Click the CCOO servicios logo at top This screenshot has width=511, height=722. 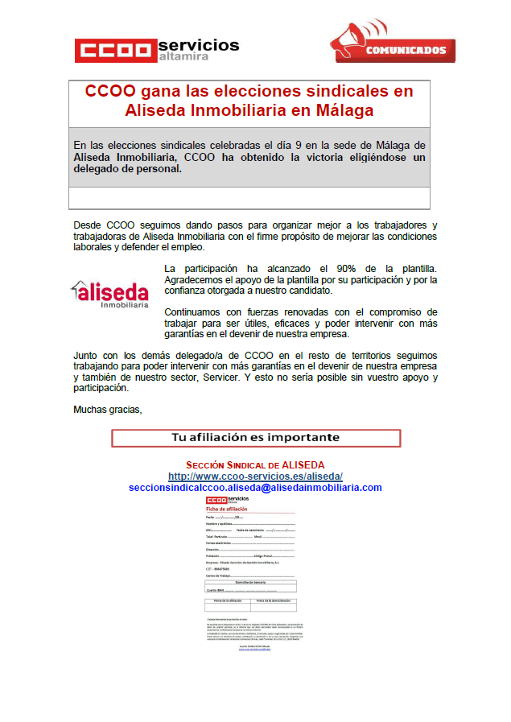pyautogui.click(x=157, y=50)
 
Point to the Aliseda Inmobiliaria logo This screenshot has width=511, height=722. pyautogui.click(x=109, y=294)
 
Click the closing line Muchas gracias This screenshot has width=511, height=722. pyautogui.click(x=107, y=409)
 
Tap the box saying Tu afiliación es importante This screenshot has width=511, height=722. pyautogui.click(x=255, y=438)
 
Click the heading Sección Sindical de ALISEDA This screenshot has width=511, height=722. pyautogui.click(x=255, y=465)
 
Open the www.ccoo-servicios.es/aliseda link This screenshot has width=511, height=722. pyautogui.click(x=255, y=477)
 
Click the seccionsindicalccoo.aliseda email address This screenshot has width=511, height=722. pyautogui.click(x=255, y=488)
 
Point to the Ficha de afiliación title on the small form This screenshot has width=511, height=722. pyautogui.click(x=227, y=510)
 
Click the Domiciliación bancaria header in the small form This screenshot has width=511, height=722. pyautogui.click(x=250, y=582)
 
